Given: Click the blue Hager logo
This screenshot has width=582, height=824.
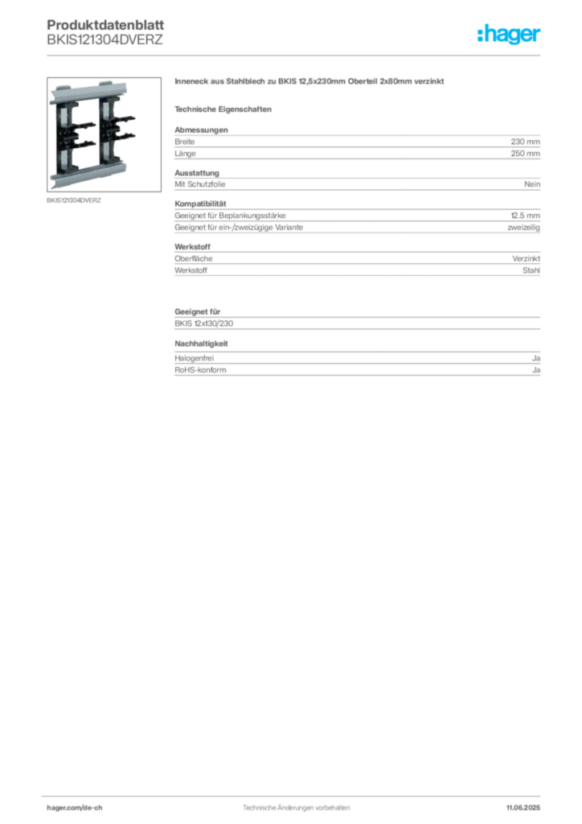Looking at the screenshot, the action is pos(510,35).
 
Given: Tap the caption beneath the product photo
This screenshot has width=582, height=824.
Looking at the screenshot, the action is pos(73,200).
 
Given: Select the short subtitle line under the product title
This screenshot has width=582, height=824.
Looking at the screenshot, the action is pos(226,109).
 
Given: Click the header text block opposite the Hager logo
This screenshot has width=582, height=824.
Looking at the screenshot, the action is pos(105,32).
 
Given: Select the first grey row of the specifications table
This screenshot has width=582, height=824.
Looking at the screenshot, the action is pos(356,145).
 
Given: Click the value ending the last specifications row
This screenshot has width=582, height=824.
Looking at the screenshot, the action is pos(537,367).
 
